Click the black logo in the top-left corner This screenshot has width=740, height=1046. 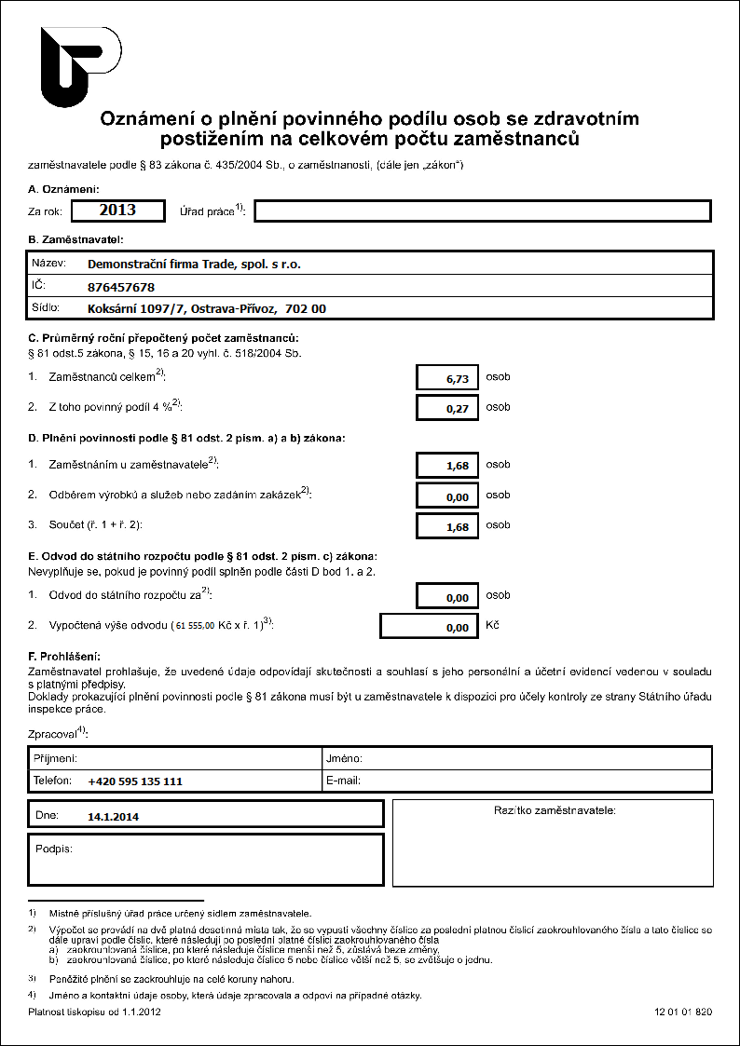tap(79, 66)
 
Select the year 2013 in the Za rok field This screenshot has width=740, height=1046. tap(117, 211)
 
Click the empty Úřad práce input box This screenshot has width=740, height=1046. tap(482, 211)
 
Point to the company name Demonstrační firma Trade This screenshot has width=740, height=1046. tap(194, 264)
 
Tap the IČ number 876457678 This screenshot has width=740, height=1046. tap(121, 287)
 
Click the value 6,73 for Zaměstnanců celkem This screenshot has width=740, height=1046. tap(448, 377)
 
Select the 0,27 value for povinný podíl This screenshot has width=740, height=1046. tap(448, 408)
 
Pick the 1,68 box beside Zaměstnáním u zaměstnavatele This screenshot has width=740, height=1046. tap(448, 465)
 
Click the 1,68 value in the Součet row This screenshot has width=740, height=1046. tap(448, 526)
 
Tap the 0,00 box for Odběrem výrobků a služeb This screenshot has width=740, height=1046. tap(448, 496)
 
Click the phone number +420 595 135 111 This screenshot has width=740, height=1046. tap(135, 781)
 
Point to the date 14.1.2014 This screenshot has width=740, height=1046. tap(113, 816)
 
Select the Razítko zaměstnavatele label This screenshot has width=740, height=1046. tap(554, 810)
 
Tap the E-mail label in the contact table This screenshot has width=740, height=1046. tap(343, 781)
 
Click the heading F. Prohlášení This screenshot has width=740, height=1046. tap(64, 658)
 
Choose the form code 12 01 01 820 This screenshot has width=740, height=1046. tap(683, 1011)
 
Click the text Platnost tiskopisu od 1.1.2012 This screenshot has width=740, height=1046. tap(95, 1011)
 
